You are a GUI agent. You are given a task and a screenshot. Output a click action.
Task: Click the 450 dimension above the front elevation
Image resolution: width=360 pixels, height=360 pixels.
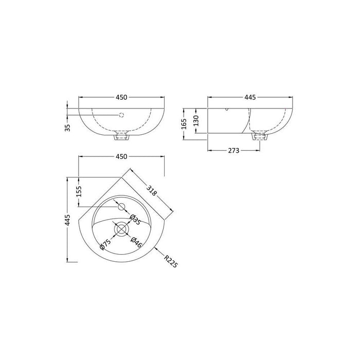point(121,97)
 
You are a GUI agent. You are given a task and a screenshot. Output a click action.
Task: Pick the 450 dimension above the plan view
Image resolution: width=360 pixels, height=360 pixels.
point(121,156)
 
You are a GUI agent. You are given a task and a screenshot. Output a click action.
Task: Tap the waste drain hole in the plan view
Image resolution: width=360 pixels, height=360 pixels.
point(121,228)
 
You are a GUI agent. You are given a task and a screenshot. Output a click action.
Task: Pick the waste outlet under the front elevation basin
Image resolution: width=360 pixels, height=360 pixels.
point(121,136)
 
